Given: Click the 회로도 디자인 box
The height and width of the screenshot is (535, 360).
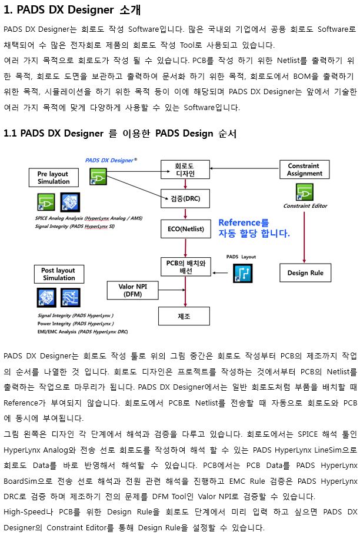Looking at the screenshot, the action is click(185, 170).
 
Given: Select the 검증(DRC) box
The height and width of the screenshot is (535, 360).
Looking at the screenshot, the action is click(185, 198).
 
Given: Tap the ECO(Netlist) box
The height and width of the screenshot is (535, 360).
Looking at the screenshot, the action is click(185, 228).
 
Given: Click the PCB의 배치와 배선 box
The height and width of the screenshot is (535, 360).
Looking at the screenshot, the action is click(186, 267).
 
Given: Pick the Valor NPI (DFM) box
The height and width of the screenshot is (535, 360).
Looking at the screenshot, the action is click(132, 290).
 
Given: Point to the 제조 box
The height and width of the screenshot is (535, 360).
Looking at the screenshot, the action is click(184, 316).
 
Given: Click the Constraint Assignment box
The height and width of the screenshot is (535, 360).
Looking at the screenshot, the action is click(305, 170).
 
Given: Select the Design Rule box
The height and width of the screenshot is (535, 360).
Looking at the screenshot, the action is click(305, 273).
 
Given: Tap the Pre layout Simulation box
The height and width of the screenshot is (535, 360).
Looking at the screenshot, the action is click(54, 177).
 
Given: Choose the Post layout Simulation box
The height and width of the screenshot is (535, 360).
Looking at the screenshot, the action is click(59, 274).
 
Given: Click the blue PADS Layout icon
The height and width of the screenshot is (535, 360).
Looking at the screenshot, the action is click(243, 273).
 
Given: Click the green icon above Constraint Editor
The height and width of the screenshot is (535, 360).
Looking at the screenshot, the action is click(305, 192).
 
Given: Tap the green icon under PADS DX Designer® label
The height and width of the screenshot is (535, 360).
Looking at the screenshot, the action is click(98, 177).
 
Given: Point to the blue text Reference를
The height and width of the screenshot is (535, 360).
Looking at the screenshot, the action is click(244, 223).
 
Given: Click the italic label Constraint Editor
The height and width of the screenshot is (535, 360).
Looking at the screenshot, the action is click(305, 206).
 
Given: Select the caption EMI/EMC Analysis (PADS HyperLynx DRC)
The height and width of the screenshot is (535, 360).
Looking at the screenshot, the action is click(82, 331).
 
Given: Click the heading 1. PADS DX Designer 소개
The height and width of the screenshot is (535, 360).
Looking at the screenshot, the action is click(72, 10).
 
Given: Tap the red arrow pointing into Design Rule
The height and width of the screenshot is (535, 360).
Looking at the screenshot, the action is click(304, 237).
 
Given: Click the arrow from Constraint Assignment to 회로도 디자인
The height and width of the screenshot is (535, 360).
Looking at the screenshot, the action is click(245, 168).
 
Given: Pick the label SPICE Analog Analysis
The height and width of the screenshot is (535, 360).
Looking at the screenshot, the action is click(59, 218).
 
